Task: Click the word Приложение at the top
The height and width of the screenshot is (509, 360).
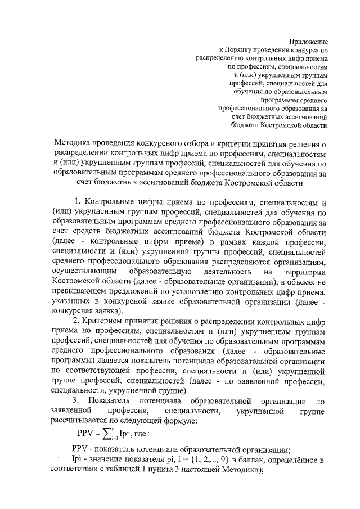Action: click(x=308, y=40)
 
